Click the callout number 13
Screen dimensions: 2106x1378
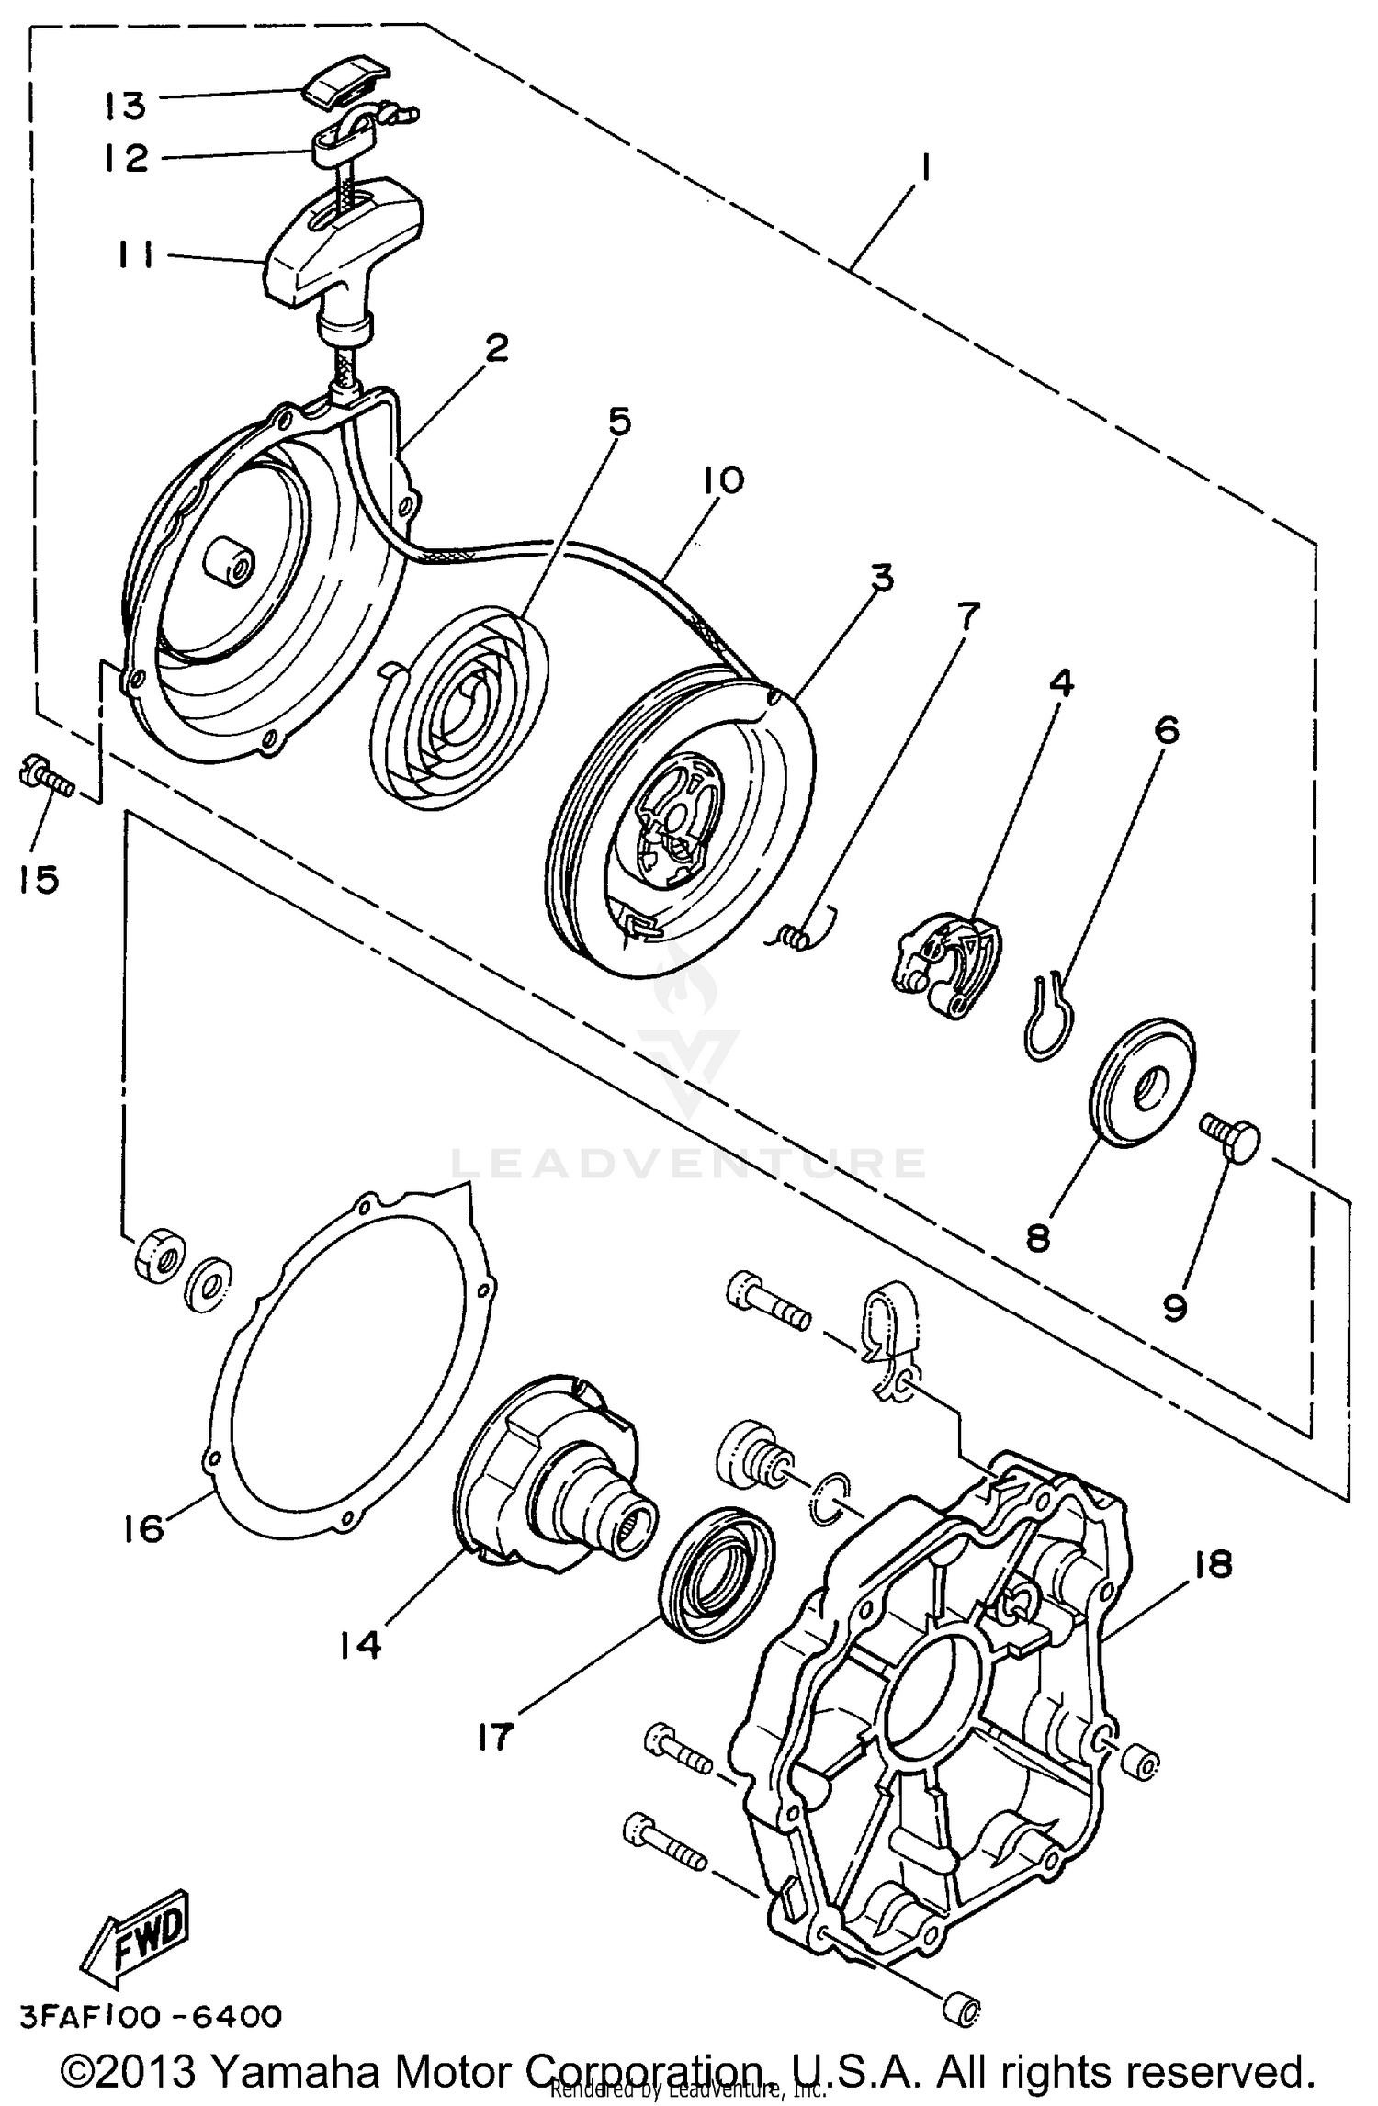[126, 106]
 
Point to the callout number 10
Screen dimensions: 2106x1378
[724, 480]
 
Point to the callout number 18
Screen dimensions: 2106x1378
[1214, 1564]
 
